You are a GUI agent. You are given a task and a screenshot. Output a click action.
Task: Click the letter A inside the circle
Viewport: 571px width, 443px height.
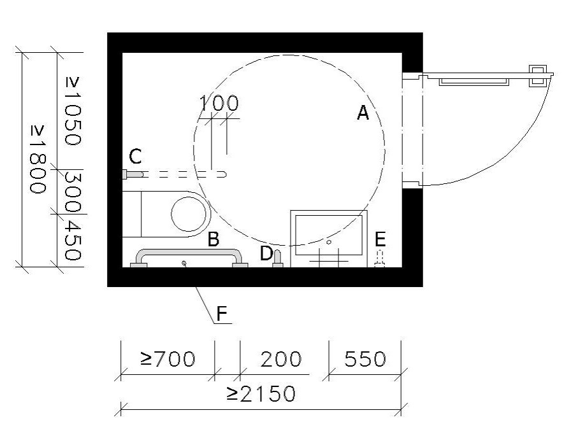(363, 113)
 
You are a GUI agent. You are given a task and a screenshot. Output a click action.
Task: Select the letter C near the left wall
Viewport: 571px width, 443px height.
(135, 157)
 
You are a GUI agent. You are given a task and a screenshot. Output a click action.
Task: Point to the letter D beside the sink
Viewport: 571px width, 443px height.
(266, 253)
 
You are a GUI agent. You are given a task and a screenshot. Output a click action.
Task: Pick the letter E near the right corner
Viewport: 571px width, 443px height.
(380, 239)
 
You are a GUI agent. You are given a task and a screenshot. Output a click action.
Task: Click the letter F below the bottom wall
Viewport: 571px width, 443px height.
(222, 314)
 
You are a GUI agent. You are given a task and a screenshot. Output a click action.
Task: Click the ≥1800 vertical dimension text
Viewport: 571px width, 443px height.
(38, 159)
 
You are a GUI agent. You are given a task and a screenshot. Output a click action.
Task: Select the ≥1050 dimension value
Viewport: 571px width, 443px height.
(72, 111)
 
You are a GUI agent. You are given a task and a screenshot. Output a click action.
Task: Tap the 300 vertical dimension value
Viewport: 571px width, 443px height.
(72, 192)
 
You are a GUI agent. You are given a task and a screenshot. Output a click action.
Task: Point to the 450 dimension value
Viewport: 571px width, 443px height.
(72, 241)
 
